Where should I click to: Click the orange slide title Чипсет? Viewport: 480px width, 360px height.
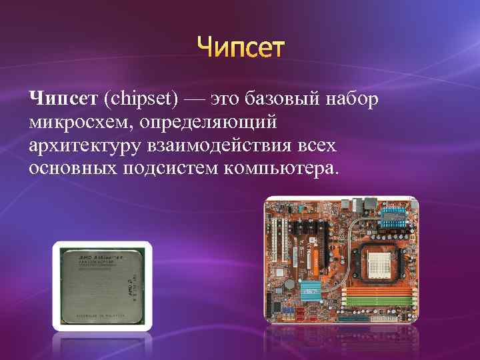[241, 48]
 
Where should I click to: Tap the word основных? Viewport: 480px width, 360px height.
[73, 168]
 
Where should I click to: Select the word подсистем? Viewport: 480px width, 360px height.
[172, 168]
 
